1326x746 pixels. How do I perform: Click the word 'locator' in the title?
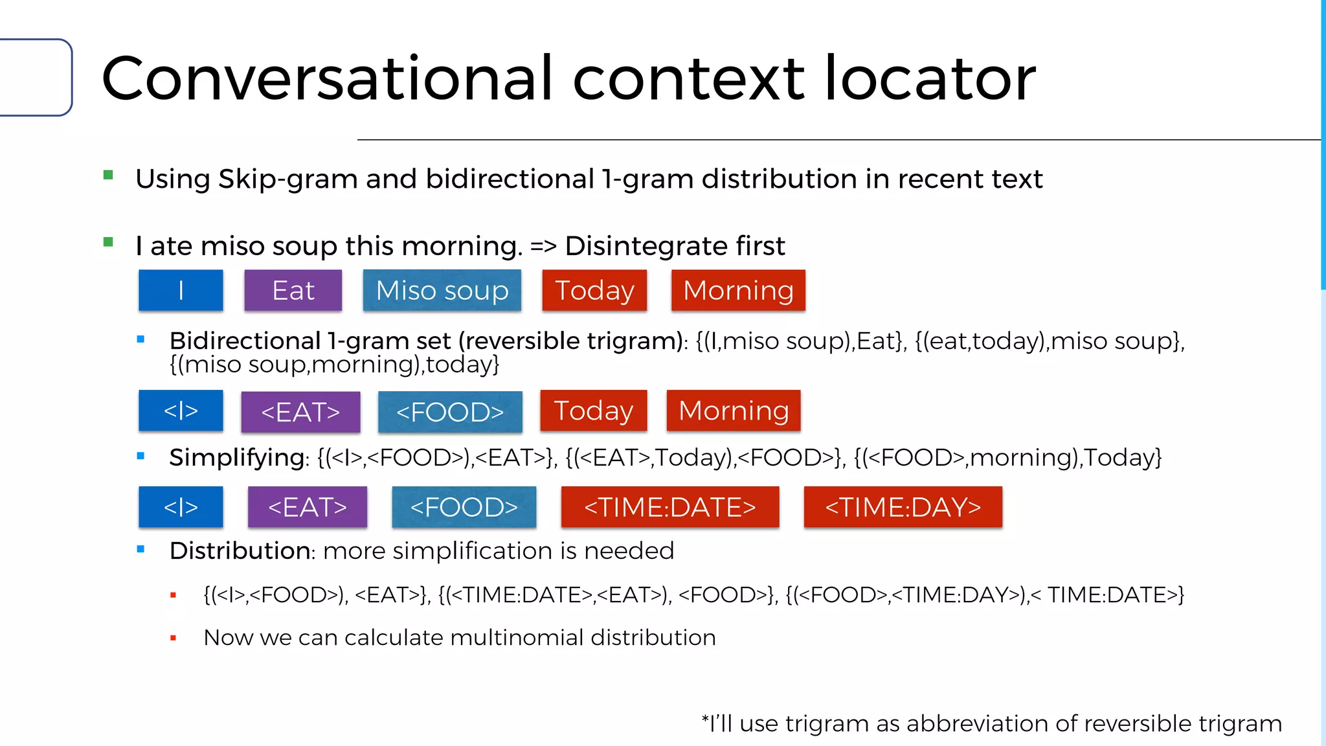(930, 79)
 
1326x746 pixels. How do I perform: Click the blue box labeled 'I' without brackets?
(181, 290)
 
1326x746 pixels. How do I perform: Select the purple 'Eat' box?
(293, 290)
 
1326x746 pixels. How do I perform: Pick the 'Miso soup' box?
(442, 290)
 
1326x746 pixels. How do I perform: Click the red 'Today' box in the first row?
(594, 290)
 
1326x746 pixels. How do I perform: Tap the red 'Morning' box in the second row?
(734, 411)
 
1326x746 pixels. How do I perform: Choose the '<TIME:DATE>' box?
(670, 507)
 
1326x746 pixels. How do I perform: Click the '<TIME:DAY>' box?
(903, 507)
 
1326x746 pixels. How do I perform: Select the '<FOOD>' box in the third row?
(464, 507)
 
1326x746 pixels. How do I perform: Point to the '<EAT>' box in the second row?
(300, 412)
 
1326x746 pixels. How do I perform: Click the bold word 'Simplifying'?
(237, 458)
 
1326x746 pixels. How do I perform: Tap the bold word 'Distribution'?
(240, 551)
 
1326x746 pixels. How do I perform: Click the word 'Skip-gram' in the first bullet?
(287, 179)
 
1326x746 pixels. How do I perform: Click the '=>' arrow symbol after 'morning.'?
(543, 246)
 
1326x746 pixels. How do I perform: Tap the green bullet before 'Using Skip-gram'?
(108, 175)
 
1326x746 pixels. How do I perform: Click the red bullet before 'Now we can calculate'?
(173, 639)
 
